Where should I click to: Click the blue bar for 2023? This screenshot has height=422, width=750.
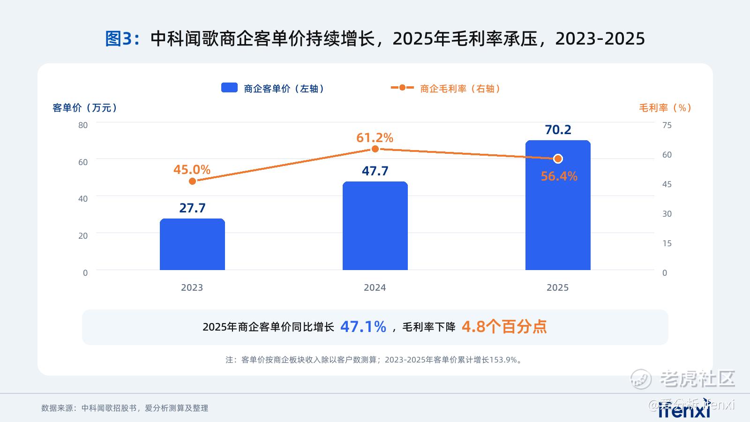[x=192, y=244]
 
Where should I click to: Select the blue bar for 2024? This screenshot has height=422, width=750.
[x=375, y=226]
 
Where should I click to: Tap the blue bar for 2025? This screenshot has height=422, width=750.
[x=558, y=205]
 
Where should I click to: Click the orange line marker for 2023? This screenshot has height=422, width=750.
[x=192, y=181]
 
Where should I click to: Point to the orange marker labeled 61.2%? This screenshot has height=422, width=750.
[x=375, y=149]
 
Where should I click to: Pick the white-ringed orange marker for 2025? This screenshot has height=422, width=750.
[x=558, y=159]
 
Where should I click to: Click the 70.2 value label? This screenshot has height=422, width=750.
[x=558, y=129]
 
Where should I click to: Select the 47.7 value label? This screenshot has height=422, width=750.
[x=375, y=171]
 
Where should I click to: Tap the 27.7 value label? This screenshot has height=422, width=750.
[x=192, y=208]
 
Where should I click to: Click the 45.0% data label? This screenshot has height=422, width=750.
[x=192, y=169]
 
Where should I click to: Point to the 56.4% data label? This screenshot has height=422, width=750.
[x=559, y=176]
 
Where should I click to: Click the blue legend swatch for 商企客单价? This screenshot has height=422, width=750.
[x=229, y=88]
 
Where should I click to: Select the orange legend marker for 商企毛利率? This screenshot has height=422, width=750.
[x=402, y=88]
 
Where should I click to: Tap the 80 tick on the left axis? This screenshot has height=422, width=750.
[x=82, y=125]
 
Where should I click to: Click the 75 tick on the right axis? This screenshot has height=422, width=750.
[x=667, y=125]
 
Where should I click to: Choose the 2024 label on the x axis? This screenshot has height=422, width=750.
[x=375, y=288]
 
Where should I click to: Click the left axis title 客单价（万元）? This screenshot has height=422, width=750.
[x=85, y=108]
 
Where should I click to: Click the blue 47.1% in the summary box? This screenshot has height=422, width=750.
[x=363, y=326]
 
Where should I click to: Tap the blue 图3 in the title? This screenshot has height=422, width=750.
[x=119, y=38]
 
